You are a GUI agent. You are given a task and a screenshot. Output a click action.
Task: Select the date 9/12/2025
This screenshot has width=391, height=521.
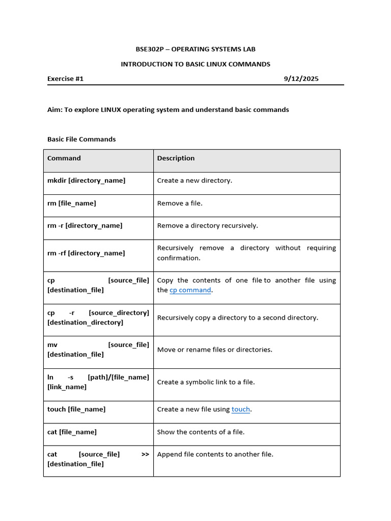[301, 79]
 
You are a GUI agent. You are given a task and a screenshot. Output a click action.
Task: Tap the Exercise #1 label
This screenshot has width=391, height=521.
[65, 79]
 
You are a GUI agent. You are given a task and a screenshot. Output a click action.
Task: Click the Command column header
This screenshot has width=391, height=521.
[64, 158]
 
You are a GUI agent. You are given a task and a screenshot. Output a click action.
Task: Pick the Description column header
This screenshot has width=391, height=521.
[176, 158]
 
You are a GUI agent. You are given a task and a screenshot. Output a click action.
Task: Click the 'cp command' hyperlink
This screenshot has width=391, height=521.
[190, 290]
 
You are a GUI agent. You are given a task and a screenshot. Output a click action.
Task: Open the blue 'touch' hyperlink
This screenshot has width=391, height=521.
[241, 410]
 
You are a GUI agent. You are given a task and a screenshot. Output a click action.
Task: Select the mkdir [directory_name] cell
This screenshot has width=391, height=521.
[86, 181]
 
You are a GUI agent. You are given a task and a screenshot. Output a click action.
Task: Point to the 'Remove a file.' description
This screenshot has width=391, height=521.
[180, 203]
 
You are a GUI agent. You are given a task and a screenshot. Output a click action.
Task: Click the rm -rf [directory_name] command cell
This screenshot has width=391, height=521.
[86, 253]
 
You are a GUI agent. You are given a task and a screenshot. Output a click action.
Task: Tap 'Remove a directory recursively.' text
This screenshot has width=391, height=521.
[207, 225]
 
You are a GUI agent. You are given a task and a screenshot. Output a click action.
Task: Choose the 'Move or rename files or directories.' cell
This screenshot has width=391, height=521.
[215, 350]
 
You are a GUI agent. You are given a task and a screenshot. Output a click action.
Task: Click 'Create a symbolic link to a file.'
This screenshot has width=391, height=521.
[206, 382]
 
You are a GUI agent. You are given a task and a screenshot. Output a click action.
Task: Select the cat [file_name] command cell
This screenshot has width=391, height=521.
[72, 432]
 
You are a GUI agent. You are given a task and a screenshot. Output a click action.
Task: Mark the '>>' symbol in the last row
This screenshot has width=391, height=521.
[145, 454]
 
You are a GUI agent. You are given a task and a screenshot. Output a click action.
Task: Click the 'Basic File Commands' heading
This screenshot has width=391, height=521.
[81, 139]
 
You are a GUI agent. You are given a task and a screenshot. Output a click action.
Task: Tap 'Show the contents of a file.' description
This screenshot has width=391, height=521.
[201, 432]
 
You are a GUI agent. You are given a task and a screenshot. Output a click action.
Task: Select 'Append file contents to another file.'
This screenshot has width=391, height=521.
[215, 454]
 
